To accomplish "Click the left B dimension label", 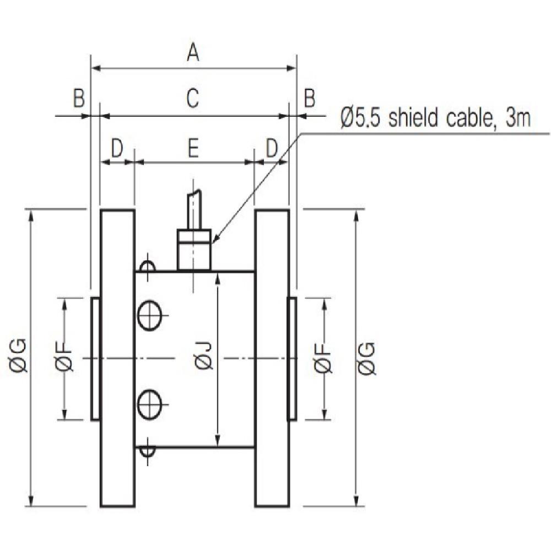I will (79, 99).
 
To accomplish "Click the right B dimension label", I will (310, 99).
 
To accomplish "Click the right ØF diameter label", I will (324, 358).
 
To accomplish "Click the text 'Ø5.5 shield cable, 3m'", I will (435, 118).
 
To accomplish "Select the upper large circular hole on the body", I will (149, 316).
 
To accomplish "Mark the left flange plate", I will (117, 358).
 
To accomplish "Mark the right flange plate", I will (272, 358).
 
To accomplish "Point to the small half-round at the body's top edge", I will (147, 266).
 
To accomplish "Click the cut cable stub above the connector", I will (193, 209).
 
